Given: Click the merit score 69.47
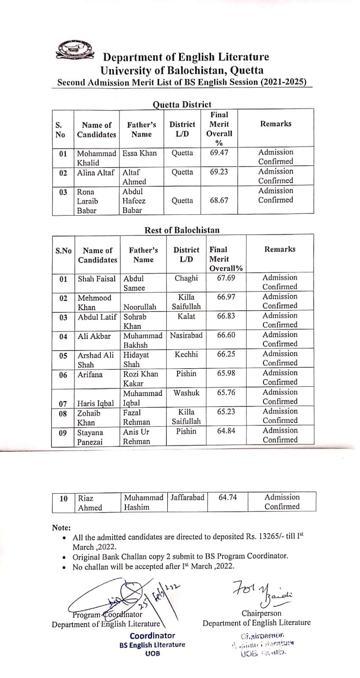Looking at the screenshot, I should [219, 153].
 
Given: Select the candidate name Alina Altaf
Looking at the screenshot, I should [96, 172].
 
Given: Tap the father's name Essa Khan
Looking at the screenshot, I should [139, 153].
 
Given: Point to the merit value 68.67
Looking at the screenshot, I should [219, 200].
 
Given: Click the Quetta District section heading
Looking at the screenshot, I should [182, 104].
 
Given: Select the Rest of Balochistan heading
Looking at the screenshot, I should [182, 230].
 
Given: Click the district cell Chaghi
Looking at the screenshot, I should [186, 278].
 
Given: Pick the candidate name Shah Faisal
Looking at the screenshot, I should [97, 279].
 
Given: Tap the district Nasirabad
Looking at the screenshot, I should [186, 335].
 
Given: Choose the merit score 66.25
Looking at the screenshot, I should [226, 354].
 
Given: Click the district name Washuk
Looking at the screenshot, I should [186, 393].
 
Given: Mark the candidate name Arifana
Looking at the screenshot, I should [90, 374].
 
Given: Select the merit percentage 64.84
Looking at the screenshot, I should [226, 431].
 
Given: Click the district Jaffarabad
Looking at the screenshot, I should [187, 497].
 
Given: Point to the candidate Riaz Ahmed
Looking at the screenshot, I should [90, 503].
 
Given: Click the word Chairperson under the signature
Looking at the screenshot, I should [261, 613].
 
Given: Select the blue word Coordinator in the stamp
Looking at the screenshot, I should [152, 636].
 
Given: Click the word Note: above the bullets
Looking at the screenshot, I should [61, 528].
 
